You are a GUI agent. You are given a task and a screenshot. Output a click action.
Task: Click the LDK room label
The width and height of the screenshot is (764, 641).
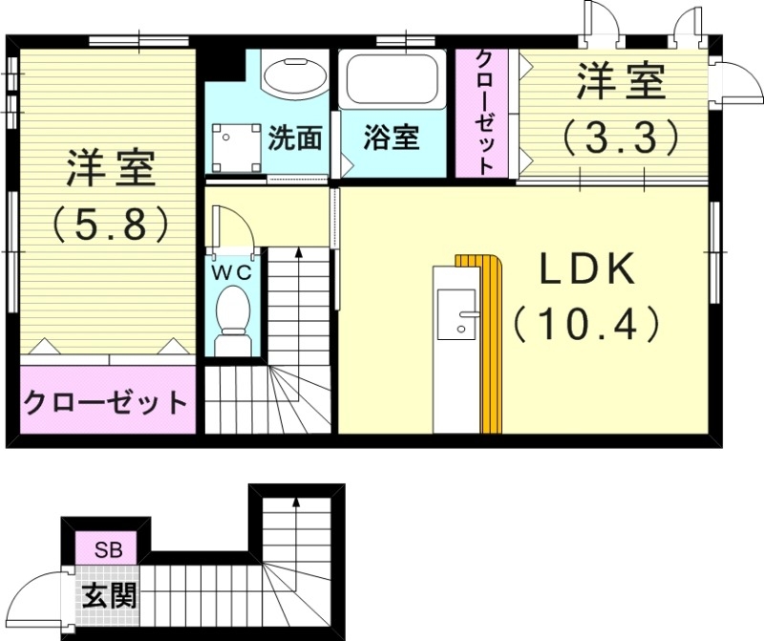click(x=588, y=271)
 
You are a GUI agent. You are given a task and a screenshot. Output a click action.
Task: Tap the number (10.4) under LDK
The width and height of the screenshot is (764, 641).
click(x=587, y=326)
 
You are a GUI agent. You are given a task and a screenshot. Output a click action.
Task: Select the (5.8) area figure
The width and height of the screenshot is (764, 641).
click(x=110, y=224)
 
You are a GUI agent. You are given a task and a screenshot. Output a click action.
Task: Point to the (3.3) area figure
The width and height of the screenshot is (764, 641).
click(x=621, y=138)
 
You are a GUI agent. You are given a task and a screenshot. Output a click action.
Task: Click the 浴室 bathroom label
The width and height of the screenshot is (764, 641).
click(x=392, y=138)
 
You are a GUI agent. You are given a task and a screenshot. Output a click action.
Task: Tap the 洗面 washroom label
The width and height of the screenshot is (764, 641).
click(x=294, y=138)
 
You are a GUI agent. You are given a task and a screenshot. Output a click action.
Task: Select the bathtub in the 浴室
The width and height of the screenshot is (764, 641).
click(x=392, y=81)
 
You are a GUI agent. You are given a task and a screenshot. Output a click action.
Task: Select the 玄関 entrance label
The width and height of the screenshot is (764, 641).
click(x=108, y=596)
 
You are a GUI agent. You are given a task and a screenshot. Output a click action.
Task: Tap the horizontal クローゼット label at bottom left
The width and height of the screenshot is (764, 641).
click(x=105, y=402)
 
